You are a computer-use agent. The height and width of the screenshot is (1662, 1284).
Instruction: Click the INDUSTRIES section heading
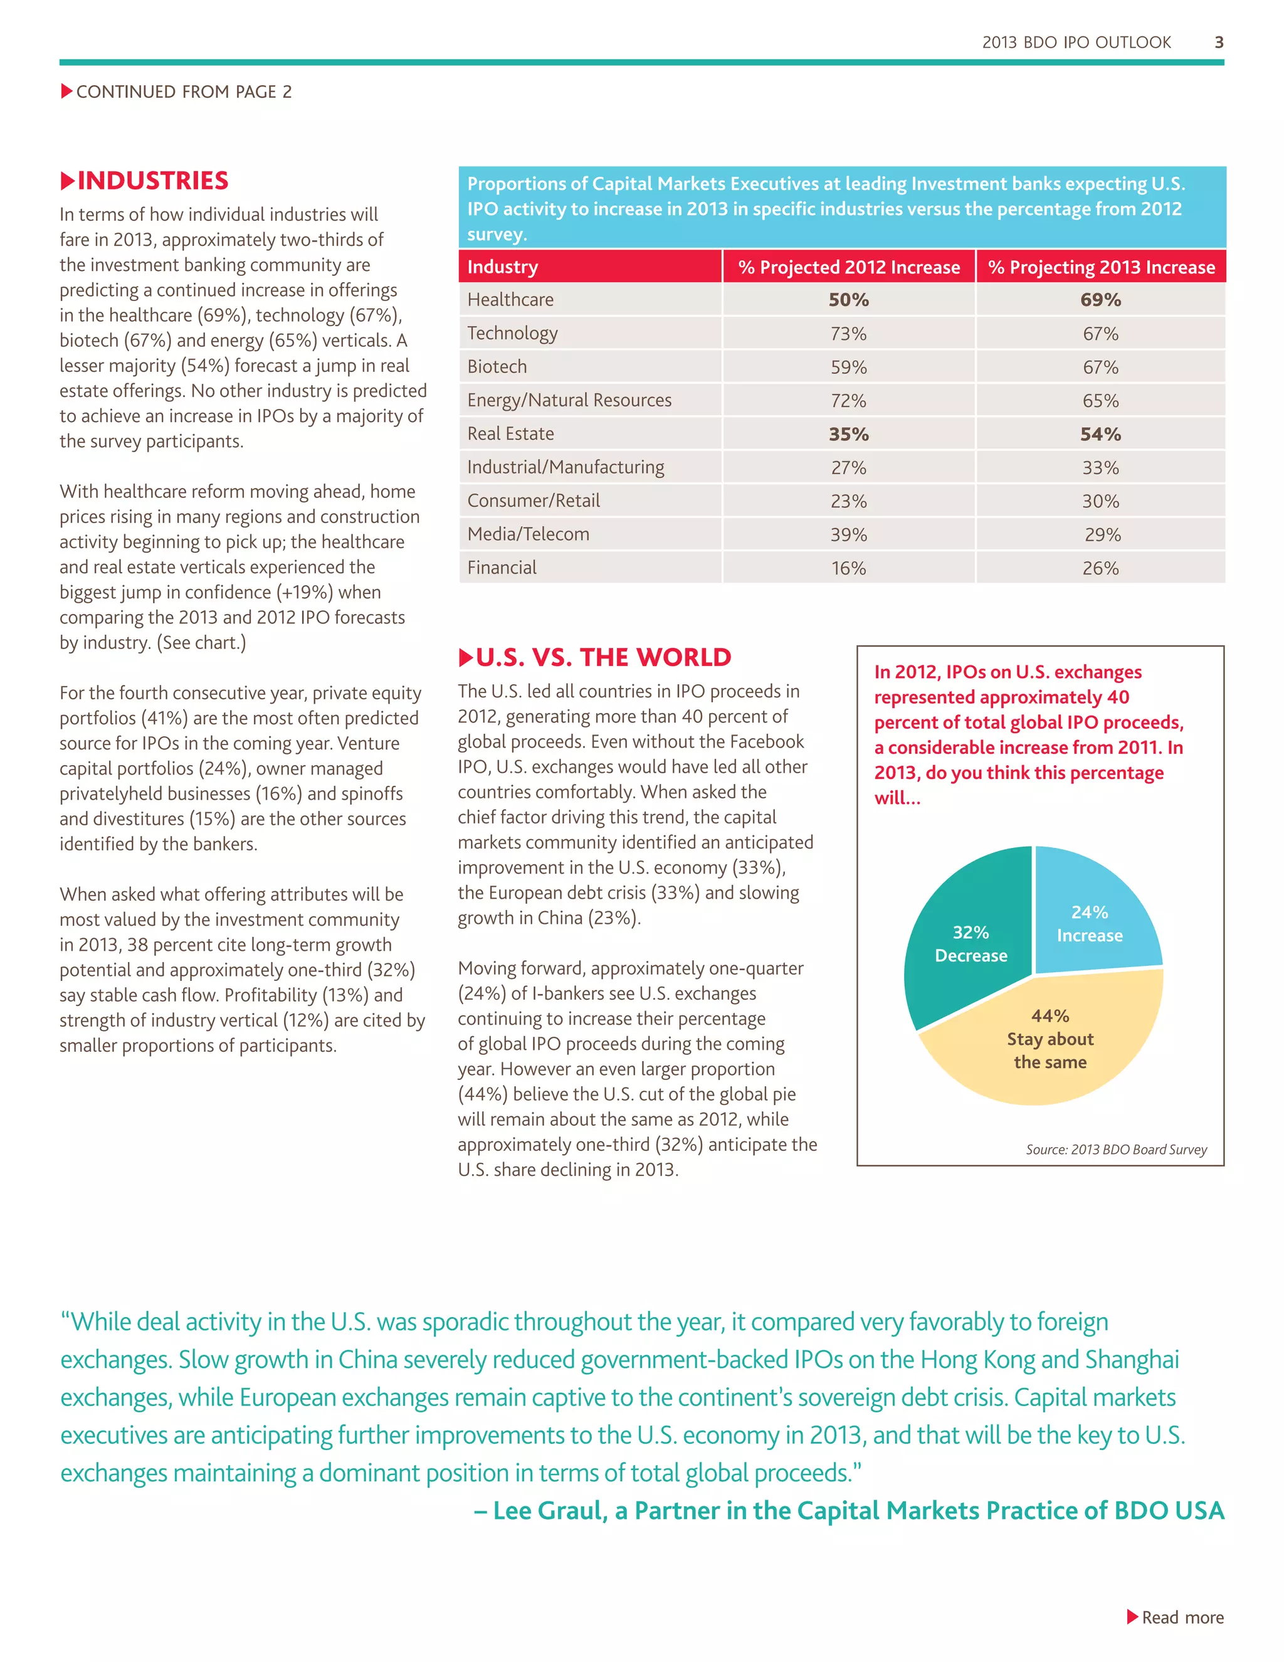pyautogui.click(x=152, y=181)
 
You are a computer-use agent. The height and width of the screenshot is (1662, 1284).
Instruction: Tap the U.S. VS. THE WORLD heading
pyautogui.click(x=603, y=657)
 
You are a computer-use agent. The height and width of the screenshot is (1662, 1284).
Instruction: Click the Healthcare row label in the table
pyautogui.click(x=510, y=300)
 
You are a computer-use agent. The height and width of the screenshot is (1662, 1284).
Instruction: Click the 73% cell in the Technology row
pyautogui.click(x=848, y=333)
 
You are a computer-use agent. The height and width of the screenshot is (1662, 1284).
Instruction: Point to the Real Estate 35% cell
pyautogui.click(x=848, y=434)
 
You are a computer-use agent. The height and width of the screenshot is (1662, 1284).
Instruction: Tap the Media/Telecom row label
pyautogui.click(x=528, y=534)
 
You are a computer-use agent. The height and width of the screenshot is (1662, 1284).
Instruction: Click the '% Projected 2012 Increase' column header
pyautogui.click(x=848, y=267)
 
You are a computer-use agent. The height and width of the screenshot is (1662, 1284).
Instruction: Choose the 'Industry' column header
pyautogui.click(x=503, y=267)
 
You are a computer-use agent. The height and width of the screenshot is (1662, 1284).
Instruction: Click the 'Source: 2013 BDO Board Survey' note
pyautogui.click(x=1116, y=1149)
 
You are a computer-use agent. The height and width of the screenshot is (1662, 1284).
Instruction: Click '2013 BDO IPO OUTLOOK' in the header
pyautogui.click(x=1076, y=43)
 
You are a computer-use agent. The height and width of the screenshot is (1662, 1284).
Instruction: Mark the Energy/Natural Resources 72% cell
pyautogui.click(x=848, y=400)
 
